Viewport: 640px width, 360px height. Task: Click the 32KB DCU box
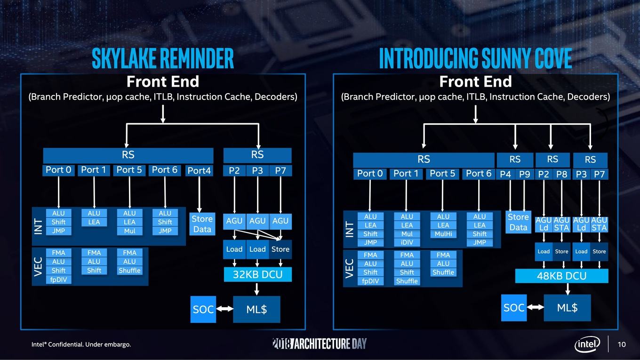click(x=258, y=274)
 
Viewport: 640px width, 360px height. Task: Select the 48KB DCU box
click(x=561, y=276)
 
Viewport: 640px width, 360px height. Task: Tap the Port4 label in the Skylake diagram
click(x=199, y=170)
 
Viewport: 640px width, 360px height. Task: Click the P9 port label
click(x=525, y=174)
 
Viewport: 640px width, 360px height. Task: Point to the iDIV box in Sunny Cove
click(x=407, y=242)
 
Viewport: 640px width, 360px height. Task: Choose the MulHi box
click(x=443, y=234)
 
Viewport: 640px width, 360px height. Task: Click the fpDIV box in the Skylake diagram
click(x=58, y=280)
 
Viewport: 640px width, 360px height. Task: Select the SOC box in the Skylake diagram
click(x=203, y=310)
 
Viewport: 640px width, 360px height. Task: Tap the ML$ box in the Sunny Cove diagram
click(x=567, y=308)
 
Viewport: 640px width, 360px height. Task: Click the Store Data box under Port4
click(x=202, y=224)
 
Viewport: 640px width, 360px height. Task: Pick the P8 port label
click(x=561, y=174)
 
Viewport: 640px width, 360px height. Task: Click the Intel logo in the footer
click(x=587, y=344)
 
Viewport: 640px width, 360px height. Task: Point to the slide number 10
click(x=622, y=344)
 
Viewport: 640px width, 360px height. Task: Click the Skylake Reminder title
click(x=163, y=58)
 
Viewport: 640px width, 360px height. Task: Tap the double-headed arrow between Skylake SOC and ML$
click(x=224, y=309)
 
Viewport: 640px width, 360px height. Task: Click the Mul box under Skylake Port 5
click(x=129, y=231)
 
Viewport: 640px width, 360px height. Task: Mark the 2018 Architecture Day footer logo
click(x=320, y=344)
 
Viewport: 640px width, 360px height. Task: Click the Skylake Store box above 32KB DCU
click(x=280, y=249)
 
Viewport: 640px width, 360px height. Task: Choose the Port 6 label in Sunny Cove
click(x=479, y=174)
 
